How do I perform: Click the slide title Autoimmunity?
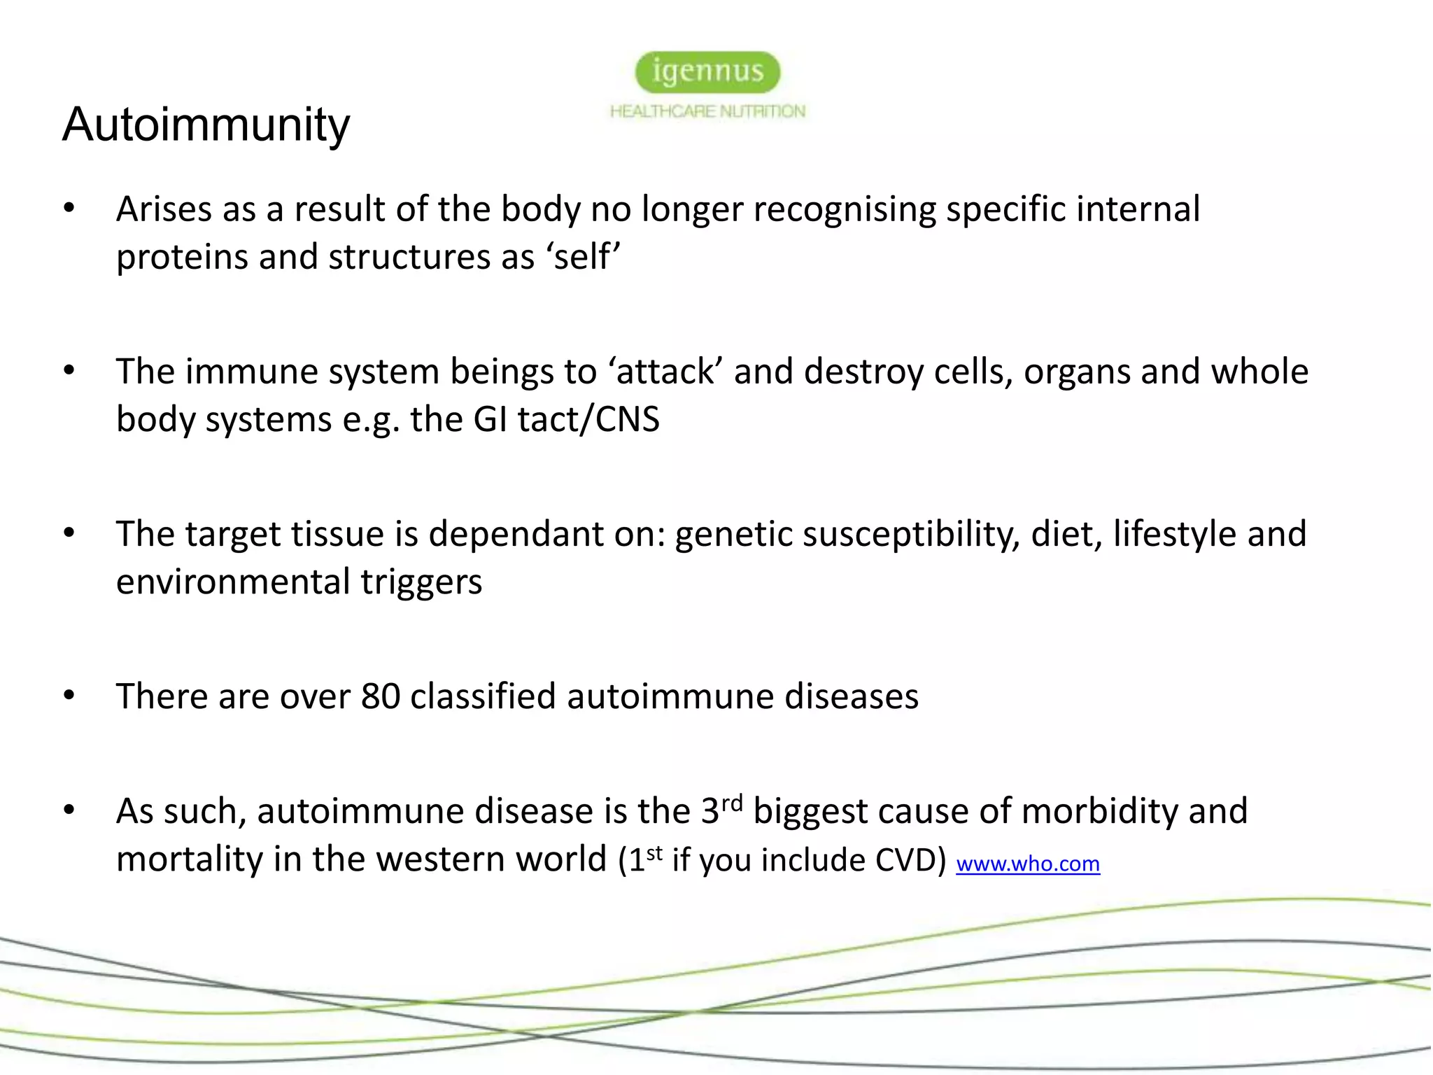pyautogui.click(x=206, y=125)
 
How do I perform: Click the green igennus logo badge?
pyautogui.click(x=707, y=72)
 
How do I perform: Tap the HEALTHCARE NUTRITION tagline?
pyautogui.click(x=707, y=111)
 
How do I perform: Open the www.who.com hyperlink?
pyautogui.click(x=1027, y=864)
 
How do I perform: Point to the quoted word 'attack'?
pyautogui.click(x=665, y=372)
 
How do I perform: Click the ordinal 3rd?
pyautogui.click(x=721, y=810)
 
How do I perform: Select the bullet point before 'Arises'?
pyautogui.click(x=69, y=209)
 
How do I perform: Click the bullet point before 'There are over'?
pyautogui.click(x=69, y=696)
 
